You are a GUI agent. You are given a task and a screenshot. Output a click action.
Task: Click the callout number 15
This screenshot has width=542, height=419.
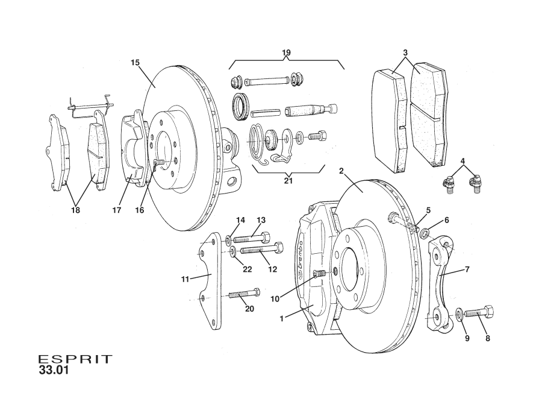(135, 62)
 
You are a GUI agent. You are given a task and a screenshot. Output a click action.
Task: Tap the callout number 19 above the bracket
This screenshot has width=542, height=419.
(286, 53)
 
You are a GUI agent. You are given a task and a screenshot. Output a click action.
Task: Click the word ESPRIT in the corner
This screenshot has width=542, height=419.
(75, 359)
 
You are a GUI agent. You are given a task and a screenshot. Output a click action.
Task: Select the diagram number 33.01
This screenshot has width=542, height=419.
(54, 371)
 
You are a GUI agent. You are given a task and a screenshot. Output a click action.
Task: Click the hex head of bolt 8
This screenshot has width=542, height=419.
(488, 313)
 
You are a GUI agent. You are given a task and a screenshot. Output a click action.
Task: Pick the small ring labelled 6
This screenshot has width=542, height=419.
(426, 232)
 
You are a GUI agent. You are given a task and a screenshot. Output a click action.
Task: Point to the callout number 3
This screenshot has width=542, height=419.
(405, 53)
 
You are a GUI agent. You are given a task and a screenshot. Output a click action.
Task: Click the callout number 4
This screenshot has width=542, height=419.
(462, 161)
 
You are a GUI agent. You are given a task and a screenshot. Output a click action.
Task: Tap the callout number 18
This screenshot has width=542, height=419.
(75, 211)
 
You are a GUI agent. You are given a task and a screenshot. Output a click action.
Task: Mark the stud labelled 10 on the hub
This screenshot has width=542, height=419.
(319, 275)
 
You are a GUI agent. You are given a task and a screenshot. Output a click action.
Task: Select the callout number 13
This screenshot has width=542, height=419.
(261, 220)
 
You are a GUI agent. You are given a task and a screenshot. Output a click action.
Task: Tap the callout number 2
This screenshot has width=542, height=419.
(341, 171)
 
